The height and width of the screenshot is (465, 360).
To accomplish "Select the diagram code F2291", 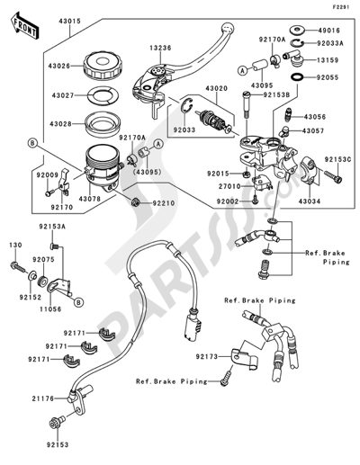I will [340, 6].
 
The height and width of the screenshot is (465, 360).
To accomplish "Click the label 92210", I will [163, 203].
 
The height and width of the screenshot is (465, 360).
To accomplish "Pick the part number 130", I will [13, 245].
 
